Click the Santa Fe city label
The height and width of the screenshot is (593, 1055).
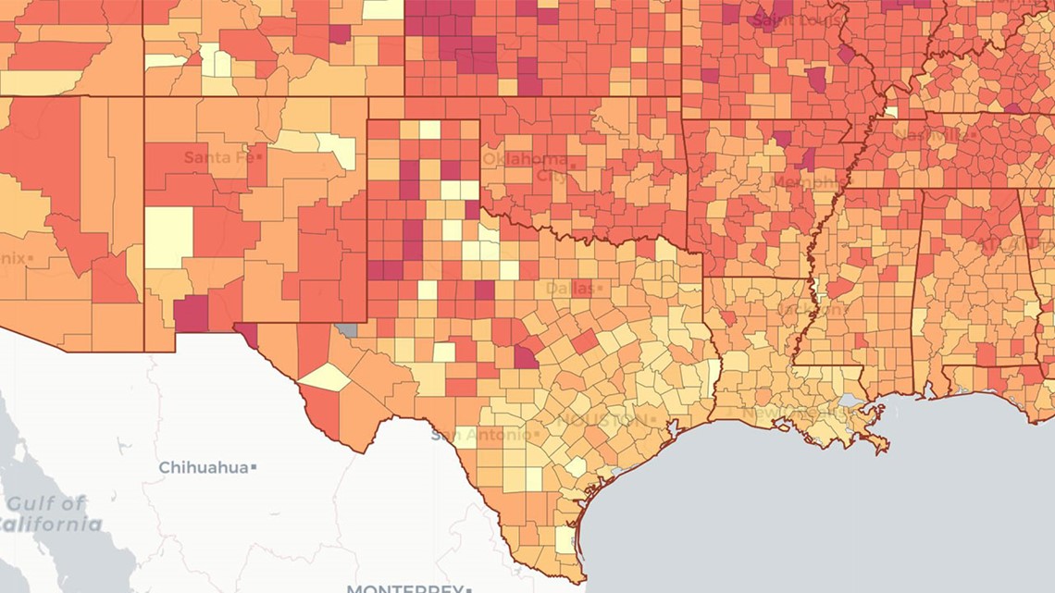coord(218,157)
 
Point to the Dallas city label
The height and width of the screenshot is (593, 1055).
coord(568,289)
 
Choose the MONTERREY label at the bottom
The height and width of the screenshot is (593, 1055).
coord(403,587)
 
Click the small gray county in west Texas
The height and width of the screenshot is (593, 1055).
coord(347,328)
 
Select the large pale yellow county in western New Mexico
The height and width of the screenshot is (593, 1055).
coord(169,237)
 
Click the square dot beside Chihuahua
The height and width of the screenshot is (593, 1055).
coord(253,468)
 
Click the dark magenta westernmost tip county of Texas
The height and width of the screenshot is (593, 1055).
coord(246,331)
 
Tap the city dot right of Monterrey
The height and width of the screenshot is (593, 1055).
coord(469,588)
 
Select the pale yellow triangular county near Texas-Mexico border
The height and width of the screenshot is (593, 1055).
coord(326,377)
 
